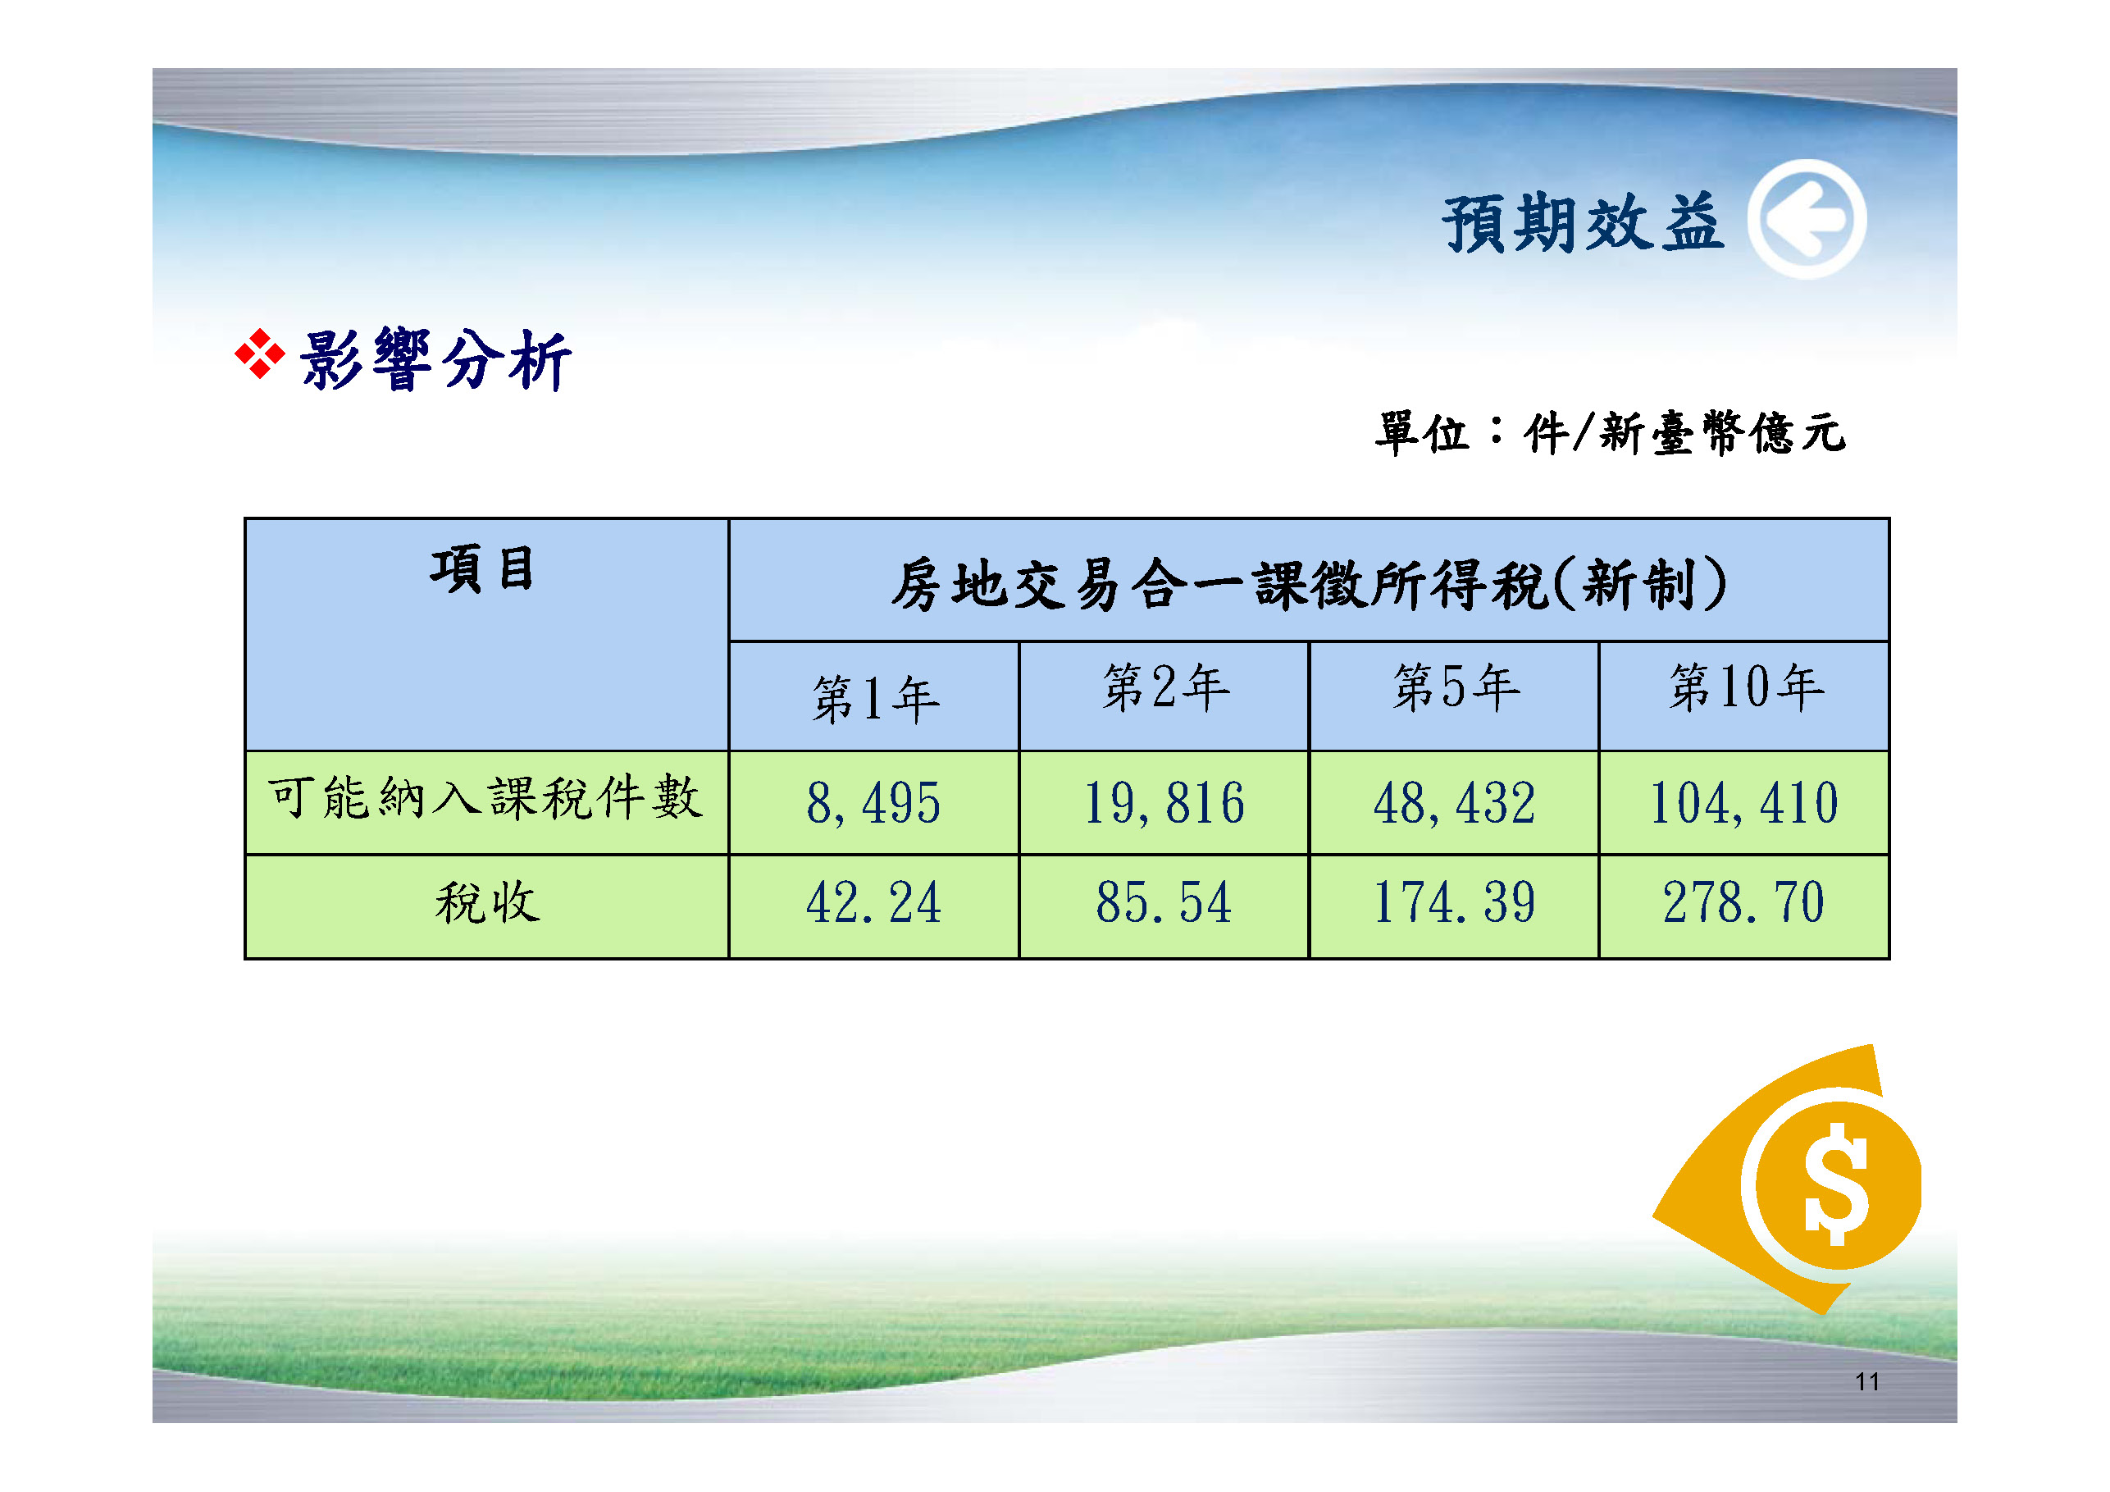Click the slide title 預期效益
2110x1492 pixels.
(x=1583, y=223)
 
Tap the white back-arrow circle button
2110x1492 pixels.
(x=1807, y=219)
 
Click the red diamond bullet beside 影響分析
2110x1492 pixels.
(x=260, y=354)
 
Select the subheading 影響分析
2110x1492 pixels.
(x=435, y=359)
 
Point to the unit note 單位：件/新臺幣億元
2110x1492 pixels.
(x=1610, y=432)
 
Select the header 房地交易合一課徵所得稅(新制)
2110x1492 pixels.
(x=1309, y=584)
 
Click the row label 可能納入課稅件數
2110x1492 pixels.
(x=485, y=797)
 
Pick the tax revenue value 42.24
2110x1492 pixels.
(x=874, y=903)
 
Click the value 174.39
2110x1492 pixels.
(x=1454, y=903)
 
